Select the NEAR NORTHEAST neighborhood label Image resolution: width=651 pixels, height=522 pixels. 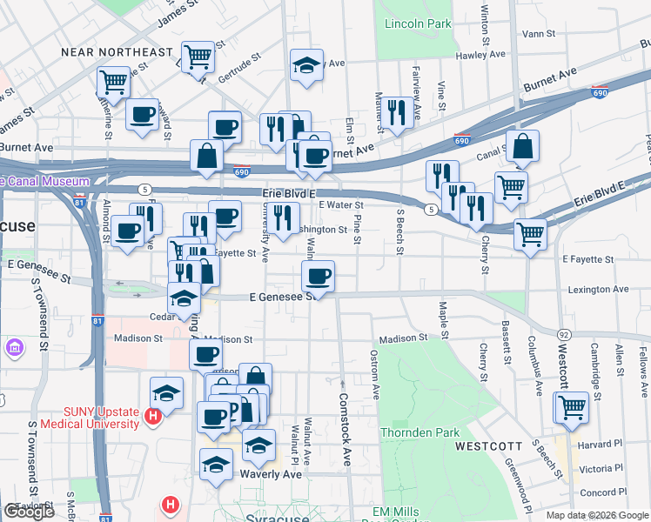coord(117,52)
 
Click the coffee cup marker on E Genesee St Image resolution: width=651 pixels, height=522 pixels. coord(317,278)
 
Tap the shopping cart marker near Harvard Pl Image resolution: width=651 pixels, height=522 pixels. coord(572,406)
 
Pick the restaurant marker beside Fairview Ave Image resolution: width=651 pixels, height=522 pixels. coord(397,112)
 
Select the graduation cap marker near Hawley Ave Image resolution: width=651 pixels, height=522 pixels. coord(306,66)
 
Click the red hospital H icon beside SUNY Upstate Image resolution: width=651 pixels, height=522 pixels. coord(153,418)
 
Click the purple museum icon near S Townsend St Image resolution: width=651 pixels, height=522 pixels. coord(14,349)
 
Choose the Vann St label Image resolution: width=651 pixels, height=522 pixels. coord(539,33)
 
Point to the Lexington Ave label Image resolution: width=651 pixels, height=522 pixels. coord(597,289)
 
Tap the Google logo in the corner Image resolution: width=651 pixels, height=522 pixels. coord(29,512)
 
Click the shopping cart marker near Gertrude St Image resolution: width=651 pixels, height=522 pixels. coord(198,57)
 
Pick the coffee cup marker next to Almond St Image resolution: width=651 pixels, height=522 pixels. coord(127,231)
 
